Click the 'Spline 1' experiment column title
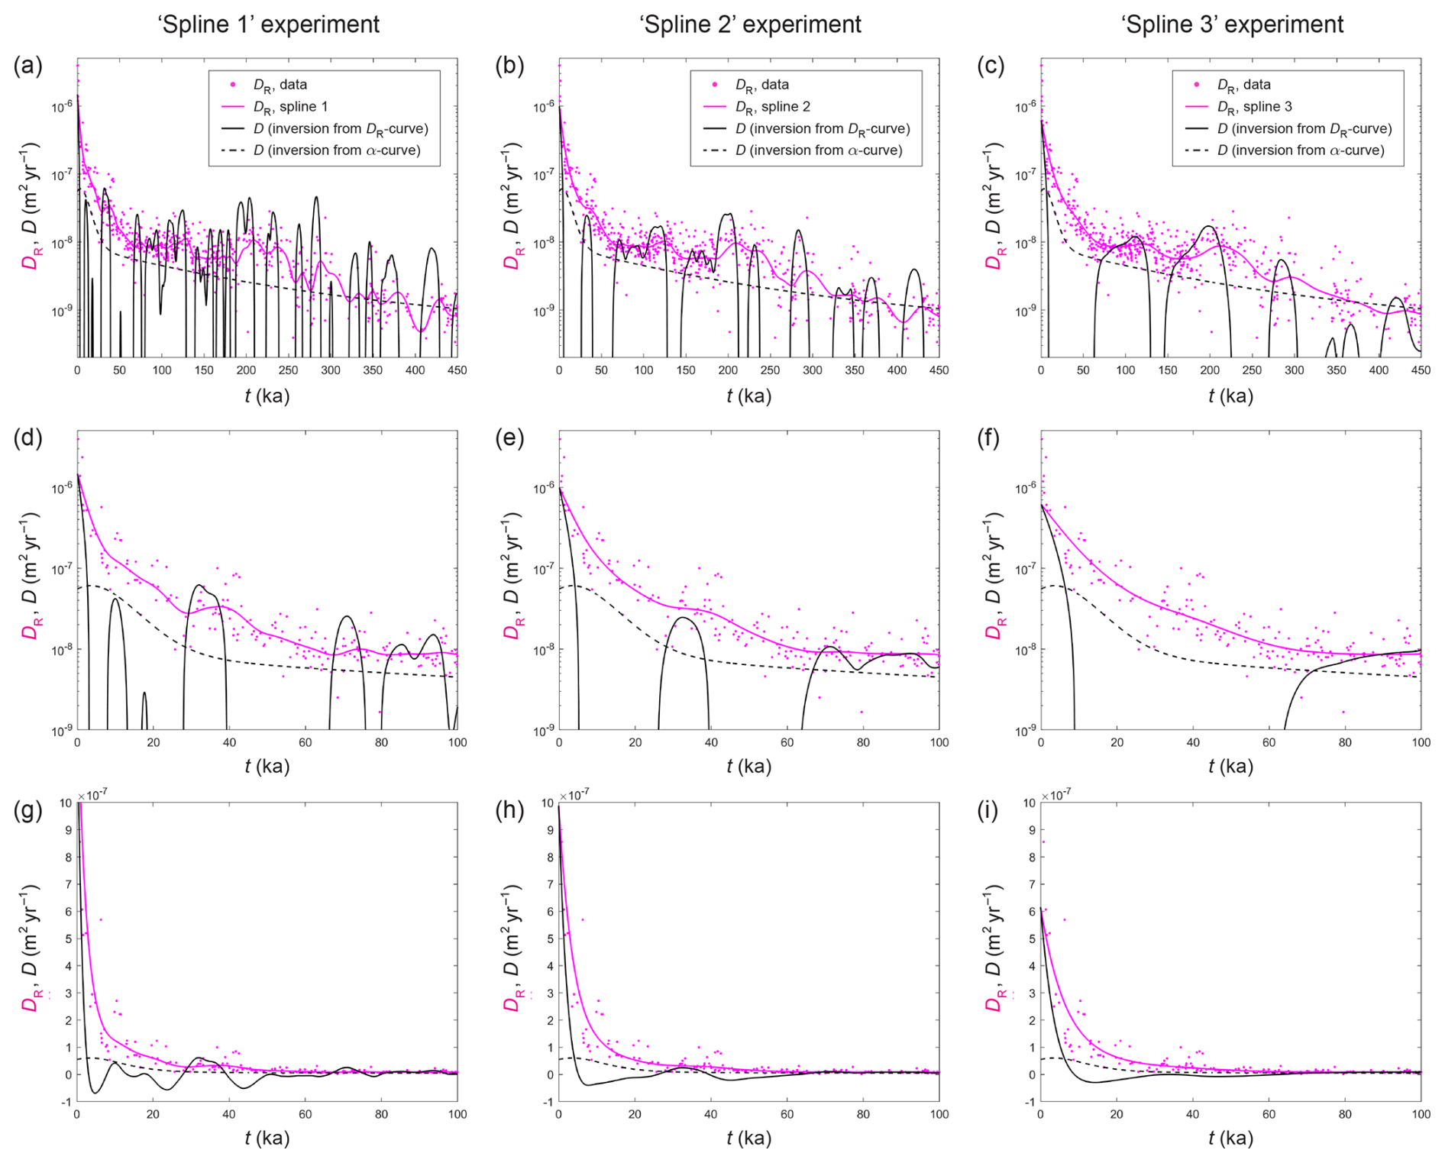268,24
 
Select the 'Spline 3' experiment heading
1232,24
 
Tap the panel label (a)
28,66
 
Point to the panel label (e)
509,438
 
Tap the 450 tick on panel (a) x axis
457,370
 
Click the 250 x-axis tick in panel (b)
770,370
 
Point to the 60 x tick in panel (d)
305,742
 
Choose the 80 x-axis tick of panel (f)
1345,742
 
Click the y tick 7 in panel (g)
68,884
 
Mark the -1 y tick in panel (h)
548,1103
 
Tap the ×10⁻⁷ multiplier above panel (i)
1056,795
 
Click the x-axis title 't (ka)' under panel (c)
1230,396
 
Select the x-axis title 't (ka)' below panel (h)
748,1139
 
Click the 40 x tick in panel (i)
1192,1114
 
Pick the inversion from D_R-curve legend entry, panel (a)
341,129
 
